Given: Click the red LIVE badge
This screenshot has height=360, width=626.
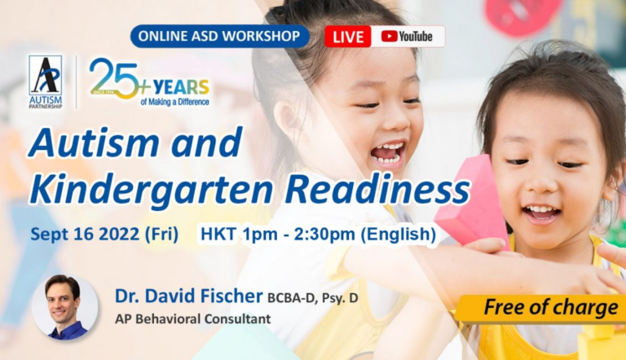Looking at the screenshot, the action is [348, 37].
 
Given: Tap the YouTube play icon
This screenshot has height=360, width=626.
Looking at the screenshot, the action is [389, 37].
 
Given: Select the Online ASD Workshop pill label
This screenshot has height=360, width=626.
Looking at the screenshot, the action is [219, 37].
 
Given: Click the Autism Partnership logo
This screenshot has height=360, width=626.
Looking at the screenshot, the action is [46, 81].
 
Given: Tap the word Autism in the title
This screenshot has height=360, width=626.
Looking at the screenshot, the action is [94, 143].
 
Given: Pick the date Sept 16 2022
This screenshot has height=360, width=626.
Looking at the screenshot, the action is [85, 234].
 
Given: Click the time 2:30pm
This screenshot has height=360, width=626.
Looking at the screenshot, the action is [324, 234].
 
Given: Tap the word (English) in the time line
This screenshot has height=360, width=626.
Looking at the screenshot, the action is [398, 234].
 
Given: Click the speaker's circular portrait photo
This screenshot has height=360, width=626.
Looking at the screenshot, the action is [64, 307].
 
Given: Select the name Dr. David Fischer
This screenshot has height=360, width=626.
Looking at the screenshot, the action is [189, 296].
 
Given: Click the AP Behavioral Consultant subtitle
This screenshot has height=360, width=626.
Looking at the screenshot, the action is [193, 319].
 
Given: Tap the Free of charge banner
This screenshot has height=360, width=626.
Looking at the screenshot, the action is [541, 308].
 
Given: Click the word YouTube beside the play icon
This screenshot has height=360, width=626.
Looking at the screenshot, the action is [416, 37].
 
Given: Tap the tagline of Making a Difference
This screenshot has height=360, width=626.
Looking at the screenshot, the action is [175, 102].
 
